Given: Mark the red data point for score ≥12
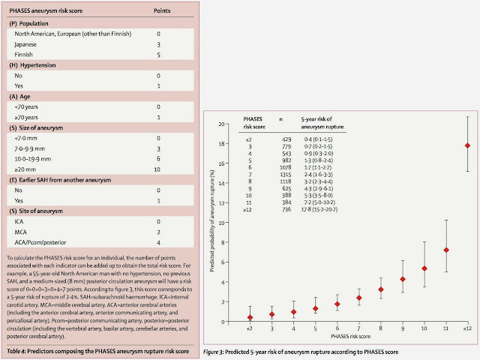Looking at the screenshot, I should pyautogui.click(x=467, y=145).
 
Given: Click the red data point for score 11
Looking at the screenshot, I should pyautogui.click(x=445, y=250).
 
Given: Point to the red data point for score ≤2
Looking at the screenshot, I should pyautogui.click(x=250, y=317).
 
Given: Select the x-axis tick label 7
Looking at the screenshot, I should pyautogui.click(x=358, y=329).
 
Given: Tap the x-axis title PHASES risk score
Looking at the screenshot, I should pyautogui.click(x=359, y=338).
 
